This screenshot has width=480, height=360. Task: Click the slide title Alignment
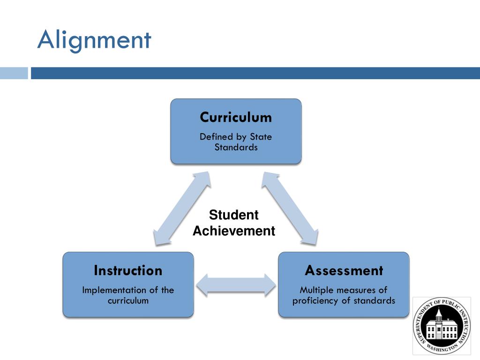click(94, 40)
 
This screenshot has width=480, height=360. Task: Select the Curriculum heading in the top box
click(236, 117)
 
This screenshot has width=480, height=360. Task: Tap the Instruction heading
click(128, 270)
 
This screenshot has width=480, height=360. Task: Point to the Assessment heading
click(344, 270)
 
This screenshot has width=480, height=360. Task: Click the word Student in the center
click(233, 215)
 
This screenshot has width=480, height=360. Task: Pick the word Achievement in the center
click(234, 231)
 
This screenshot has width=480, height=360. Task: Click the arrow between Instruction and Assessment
click(236, 285)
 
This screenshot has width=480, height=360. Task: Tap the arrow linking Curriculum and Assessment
click(290, 208)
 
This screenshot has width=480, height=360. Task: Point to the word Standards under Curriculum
click(236, 147)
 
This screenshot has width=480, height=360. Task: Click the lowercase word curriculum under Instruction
click(128, 300)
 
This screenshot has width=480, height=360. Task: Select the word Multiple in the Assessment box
click(315, 290)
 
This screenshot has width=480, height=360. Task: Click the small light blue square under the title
click(14, 73)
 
